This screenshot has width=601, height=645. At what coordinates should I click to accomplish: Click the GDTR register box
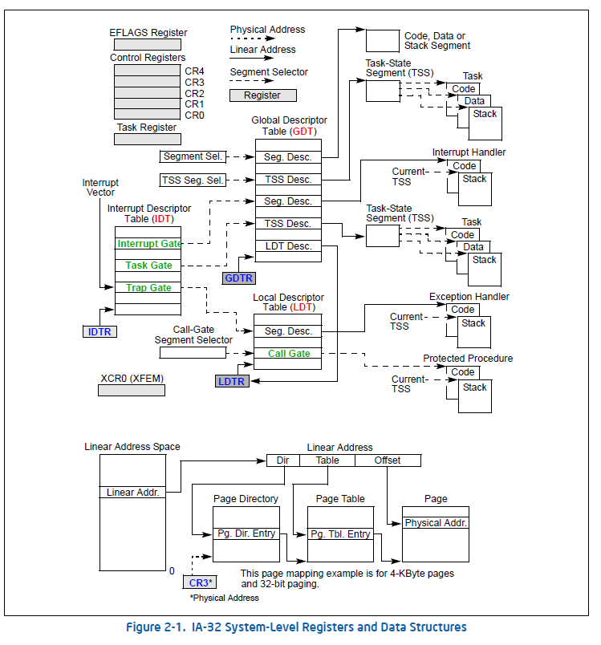coord(239,278)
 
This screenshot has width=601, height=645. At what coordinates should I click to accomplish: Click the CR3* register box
coord(197,582)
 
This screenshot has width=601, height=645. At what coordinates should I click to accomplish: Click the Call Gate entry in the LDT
coord(288,353)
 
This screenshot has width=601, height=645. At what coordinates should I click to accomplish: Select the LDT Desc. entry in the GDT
coord(288,246)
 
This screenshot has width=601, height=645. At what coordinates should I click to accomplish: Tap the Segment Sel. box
coord(193,156)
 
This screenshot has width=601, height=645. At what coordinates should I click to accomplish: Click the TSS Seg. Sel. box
coord(193,180)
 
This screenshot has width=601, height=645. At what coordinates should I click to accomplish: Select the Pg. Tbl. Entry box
coord(341,534)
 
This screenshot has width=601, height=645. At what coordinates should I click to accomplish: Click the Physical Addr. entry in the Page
coord(436,523)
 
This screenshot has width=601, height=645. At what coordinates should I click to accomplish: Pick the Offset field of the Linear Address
coord(388,460)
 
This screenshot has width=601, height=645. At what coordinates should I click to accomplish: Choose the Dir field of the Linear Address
coord(282,460)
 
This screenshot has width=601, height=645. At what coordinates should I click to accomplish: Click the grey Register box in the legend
coord(262,95)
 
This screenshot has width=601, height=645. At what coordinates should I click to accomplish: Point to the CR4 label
coord(194,71)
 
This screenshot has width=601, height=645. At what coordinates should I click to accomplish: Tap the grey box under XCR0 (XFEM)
coord(131,391)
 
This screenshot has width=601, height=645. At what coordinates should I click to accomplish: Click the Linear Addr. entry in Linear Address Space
coord(132,492)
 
